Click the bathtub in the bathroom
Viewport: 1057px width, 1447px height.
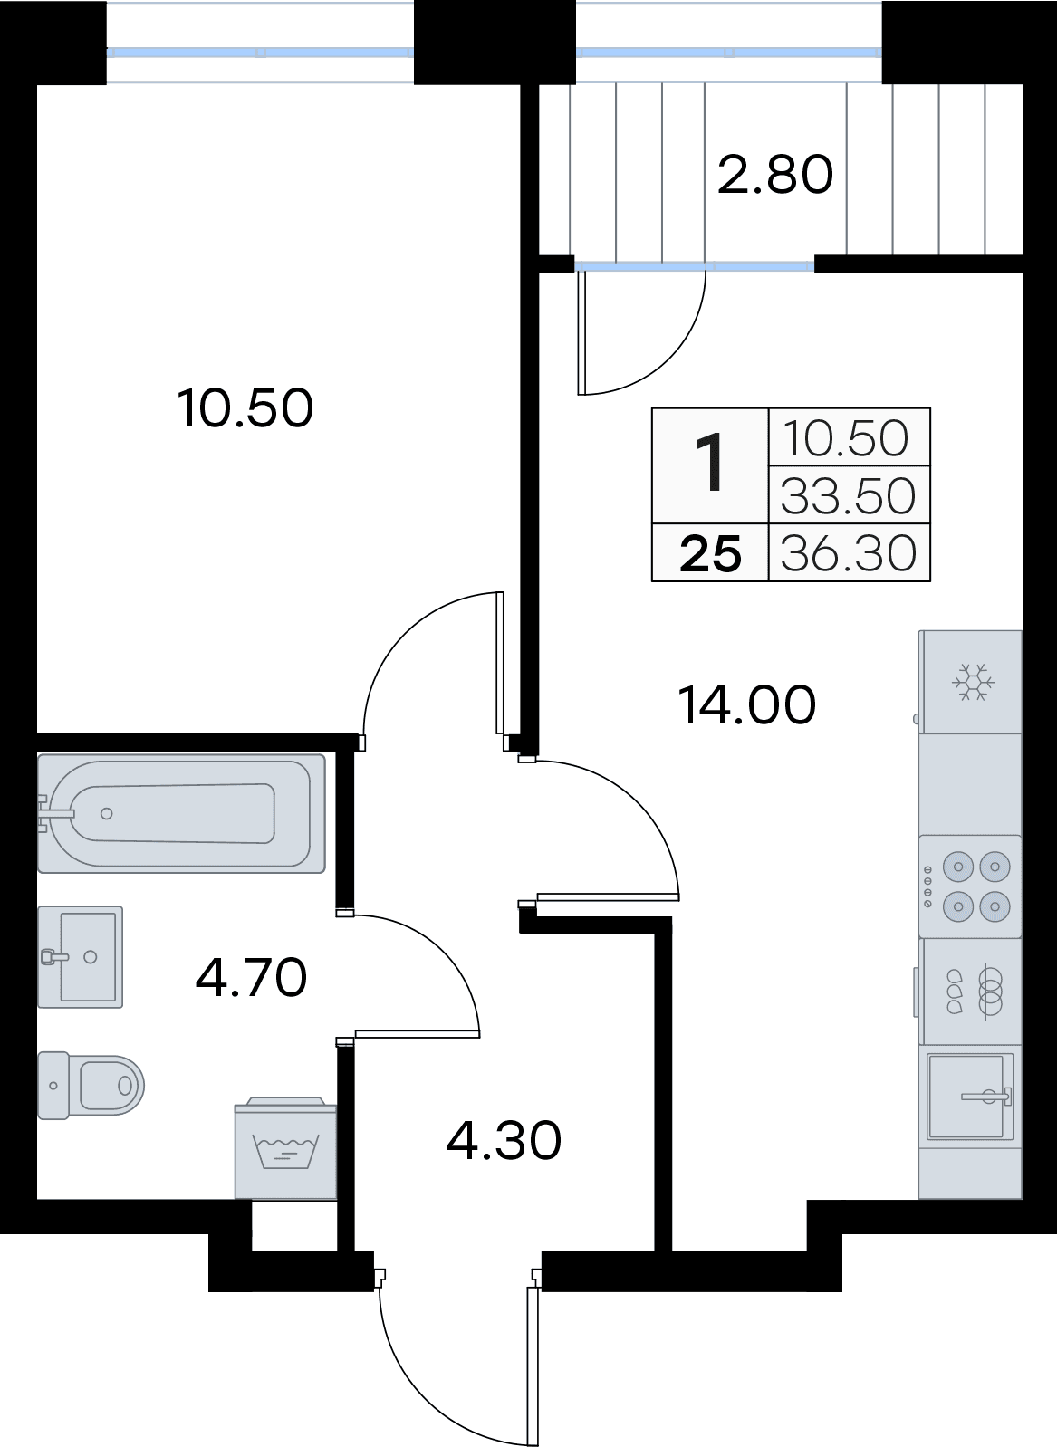coord(181,813)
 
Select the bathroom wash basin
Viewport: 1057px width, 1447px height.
coord(81,956)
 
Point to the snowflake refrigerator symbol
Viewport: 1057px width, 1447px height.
coord(972,683)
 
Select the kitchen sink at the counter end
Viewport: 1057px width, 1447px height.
coord(970,1097)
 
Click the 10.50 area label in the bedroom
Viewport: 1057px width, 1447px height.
coord(245,408)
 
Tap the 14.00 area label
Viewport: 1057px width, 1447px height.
coord(747,705)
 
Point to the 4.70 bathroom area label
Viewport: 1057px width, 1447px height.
coord(252,977)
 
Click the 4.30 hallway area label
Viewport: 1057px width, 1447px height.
coord(504,1140)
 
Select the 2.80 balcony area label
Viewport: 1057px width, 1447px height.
coord(775,175)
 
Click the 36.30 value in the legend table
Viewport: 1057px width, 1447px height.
coord(849,552)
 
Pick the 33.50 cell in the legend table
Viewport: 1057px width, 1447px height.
coord(849,495)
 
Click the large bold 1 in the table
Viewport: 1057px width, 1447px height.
coord(710,464)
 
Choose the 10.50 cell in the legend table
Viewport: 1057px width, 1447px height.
coord(849,438)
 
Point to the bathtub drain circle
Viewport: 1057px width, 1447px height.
coord(107,813)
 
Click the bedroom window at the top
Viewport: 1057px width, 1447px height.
coord(261,53)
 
